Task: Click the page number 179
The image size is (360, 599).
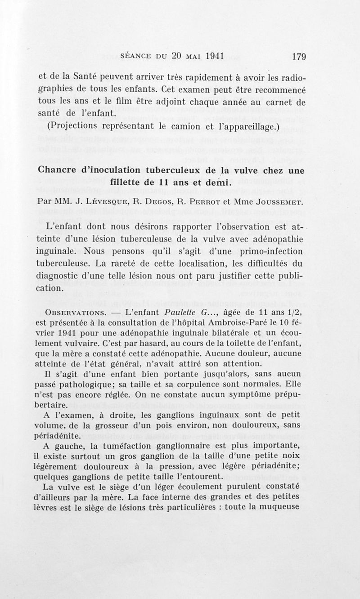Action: coord(299,57)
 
